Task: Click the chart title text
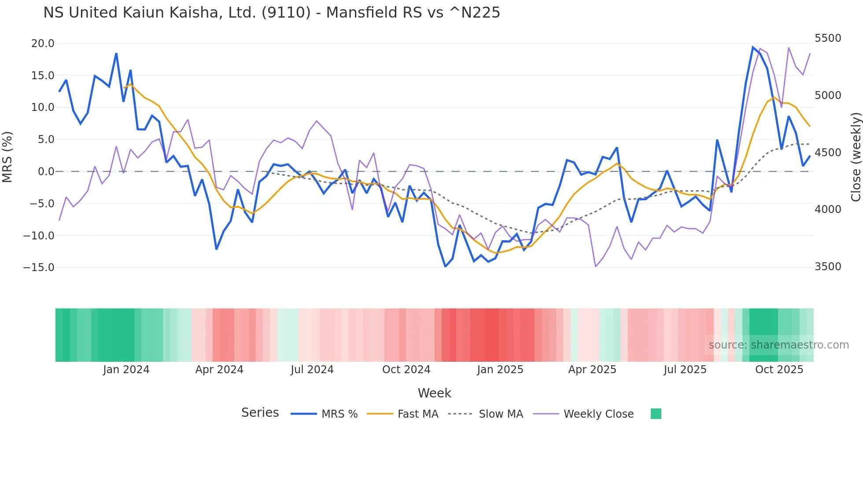click(x=272, y=12)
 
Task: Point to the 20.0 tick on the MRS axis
click(x=43, y=44)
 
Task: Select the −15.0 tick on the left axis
click(x=39, y=268)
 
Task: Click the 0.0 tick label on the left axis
click(x=46, y=172)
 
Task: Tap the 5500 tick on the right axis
click(x=828, y=38)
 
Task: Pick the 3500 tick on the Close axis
click(x=828, y=267)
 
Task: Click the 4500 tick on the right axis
click(x=828, y=153)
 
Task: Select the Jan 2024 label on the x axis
click(x=126, y=370)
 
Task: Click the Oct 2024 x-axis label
click(x=406, y=370)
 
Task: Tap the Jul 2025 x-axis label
click(x=685, y=370)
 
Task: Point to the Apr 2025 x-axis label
click(x=592, y=370)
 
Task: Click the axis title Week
click(x=434, y=393)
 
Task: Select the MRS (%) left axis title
click(x=7, y=157)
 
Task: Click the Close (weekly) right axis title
click(x=856, y=157)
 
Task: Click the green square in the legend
click(x=656, y=414)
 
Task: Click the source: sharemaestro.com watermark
click(x=778, y=345)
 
